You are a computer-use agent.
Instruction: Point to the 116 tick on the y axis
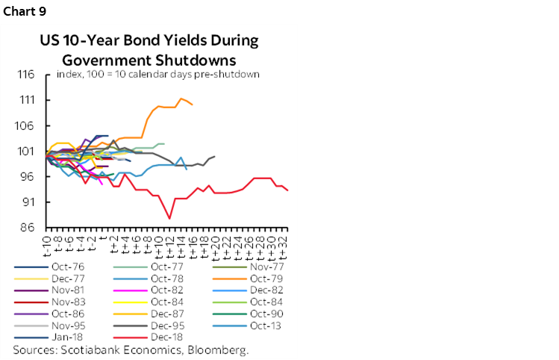point(25,75)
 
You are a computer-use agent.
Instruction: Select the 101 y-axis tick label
point(25,152)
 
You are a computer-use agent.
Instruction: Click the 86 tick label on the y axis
point(28,228)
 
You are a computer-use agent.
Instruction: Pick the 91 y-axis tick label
point(28,202)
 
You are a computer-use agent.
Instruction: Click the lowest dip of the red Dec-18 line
point(170,218)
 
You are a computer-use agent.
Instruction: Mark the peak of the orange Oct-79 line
point(181,99)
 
